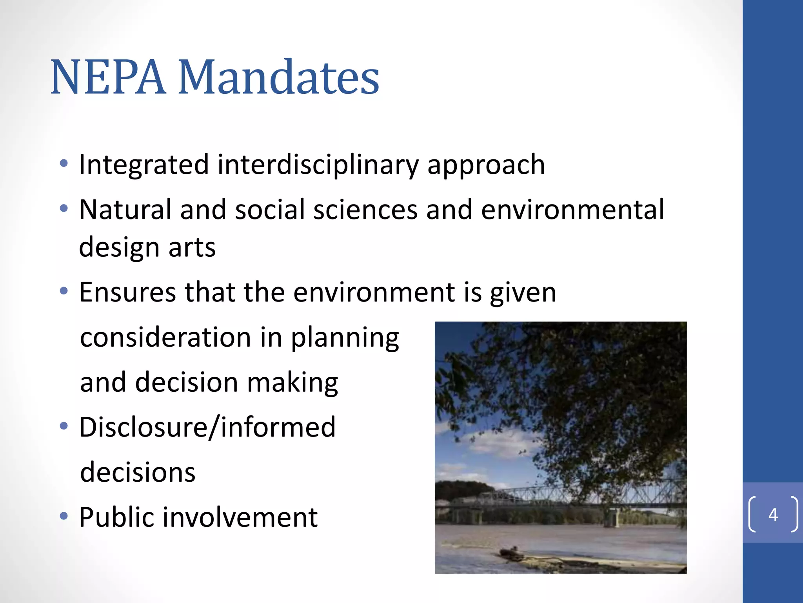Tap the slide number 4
click(773, 514)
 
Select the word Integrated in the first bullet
click(144, 164)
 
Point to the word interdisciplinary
click(318, 164)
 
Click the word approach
click(486, 164)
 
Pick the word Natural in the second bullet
click(125, 210)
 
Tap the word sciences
click(365, 210)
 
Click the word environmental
click(572, 210)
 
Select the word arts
click(192, 247)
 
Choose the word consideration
click(165, 338)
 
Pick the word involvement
click(240, 517)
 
